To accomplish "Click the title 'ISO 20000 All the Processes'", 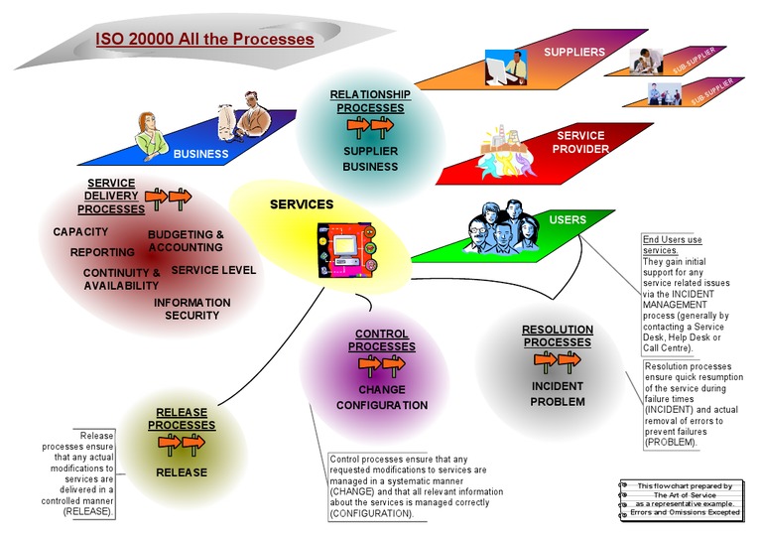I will [x=204, y=40].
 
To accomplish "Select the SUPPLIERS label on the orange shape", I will [x=574, y=51].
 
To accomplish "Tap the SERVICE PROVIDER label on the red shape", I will [x=580, y=142].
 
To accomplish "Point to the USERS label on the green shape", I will [x=568, y=219].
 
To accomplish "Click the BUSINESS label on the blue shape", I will [x=200, y=154].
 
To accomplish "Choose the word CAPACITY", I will [x=80, y=231].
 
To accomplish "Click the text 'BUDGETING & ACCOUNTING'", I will [x=186, y=241].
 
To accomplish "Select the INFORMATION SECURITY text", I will [x=191, y=309].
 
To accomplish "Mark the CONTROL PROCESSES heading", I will [x=384, y=340].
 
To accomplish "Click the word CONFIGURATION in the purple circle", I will [x=382, y=405].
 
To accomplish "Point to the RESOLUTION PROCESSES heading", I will [x=558, y=336].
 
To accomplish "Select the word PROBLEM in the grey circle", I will [x=557, y=402].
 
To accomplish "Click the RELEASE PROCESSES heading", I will [x=182, y=419].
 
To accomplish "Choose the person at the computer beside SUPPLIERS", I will [x=506, y=67].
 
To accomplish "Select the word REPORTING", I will [x=102, y=252].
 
